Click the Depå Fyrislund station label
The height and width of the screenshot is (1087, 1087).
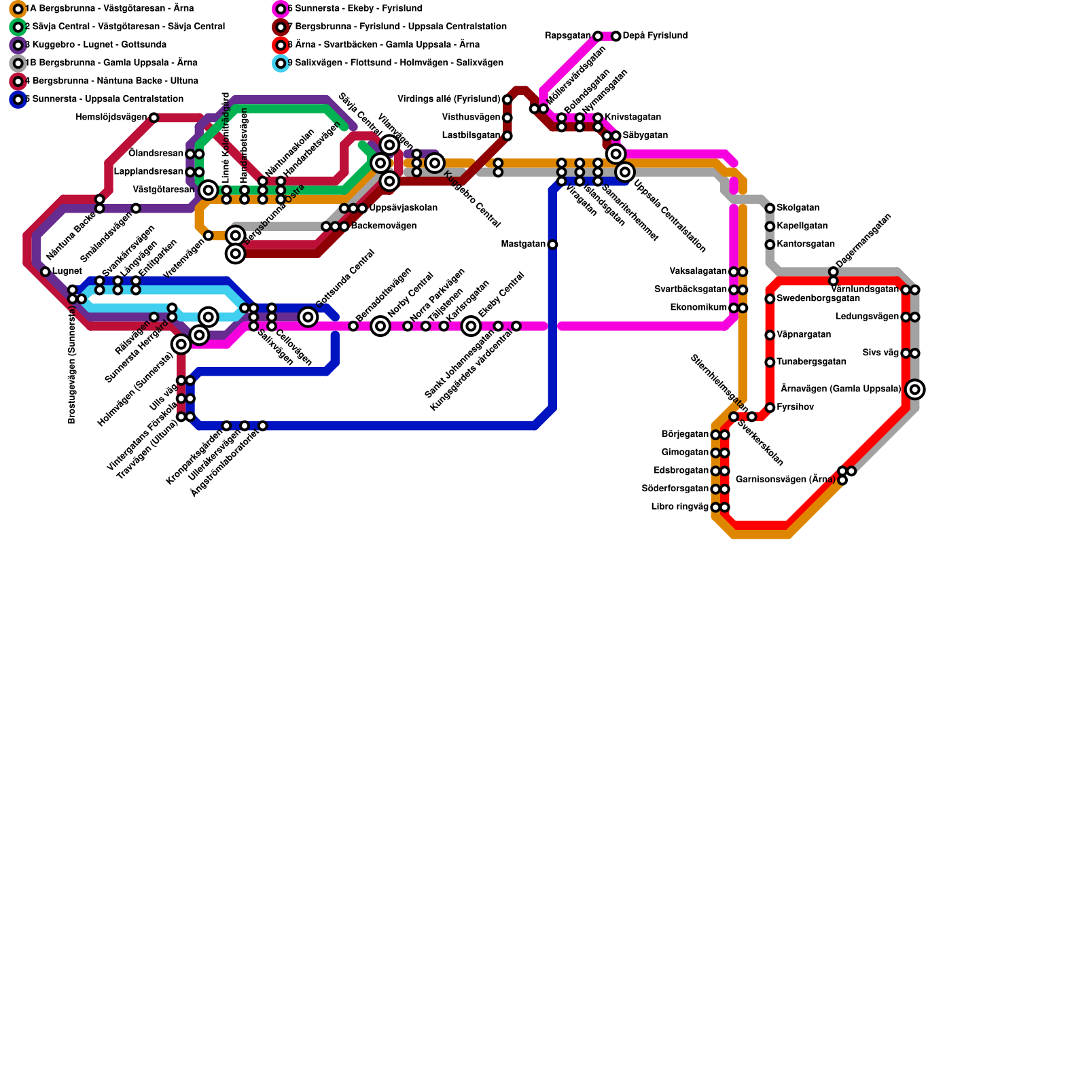pos(655,36)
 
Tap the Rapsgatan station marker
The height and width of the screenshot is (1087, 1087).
pos(597,36)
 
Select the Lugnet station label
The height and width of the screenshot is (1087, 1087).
pos(67,272)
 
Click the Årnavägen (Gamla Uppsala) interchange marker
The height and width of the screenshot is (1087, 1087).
pos(915,389)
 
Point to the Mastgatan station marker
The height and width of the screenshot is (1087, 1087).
pos(552,245)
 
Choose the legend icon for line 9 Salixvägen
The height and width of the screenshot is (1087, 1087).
pos(281,63)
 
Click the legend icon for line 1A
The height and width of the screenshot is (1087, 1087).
pos(18,9)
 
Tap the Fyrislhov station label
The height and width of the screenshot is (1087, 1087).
pos(795,408)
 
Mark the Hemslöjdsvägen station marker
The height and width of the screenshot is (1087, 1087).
pos(154,118)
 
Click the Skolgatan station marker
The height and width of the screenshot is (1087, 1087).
pos(770,209)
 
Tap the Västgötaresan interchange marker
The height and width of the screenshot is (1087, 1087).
pos(209,190)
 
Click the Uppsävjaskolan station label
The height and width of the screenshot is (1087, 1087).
pos(403,208)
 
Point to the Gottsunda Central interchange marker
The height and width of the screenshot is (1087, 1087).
pos(308,317)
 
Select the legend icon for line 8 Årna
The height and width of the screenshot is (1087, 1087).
pos(281,46)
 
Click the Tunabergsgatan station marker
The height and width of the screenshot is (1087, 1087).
pos(770,362)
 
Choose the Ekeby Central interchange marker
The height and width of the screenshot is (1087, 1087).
pos(471,326)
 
